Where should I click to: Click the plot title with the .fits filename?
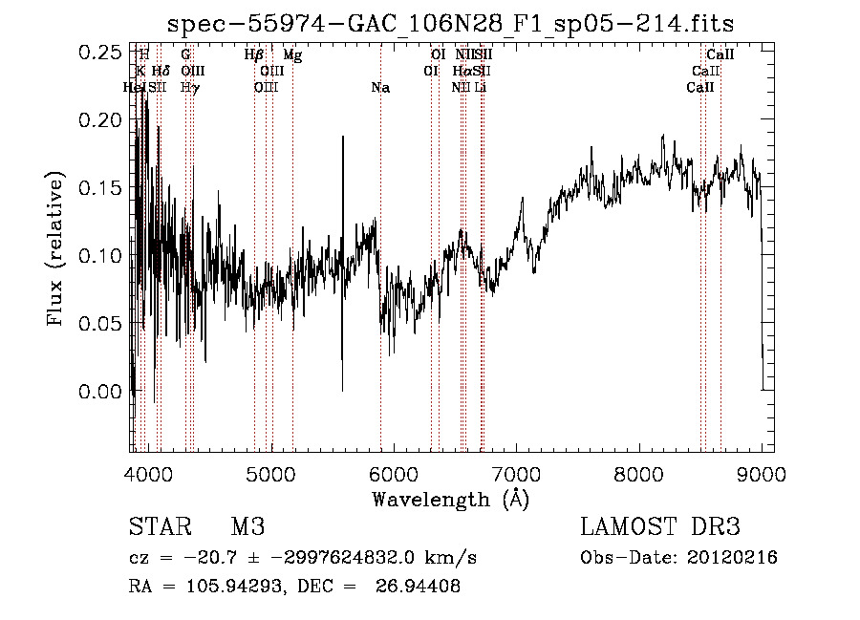click(450, 24)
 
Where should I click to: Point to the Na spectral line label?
click(380, 88)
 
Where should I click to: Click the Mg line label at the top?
click(292, 55)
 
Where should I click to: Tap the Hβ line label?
click(254, 55)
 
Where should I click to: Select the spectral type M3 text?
click(247, 526)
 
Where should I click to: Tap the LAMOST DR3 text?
click(659, 526)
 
